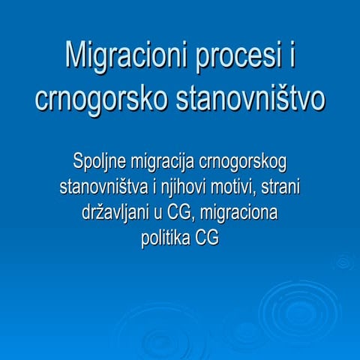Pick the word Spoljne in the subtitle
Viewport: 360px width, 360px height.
[x=100, y=161]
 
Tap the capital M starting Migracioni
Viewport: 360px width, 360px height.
[x=76, y=56]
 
